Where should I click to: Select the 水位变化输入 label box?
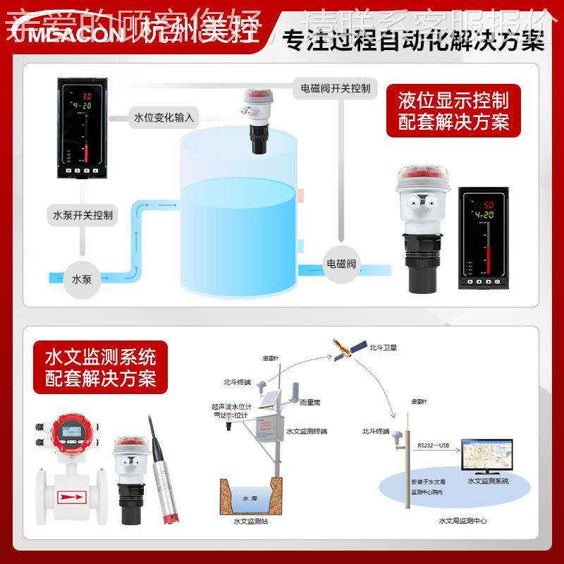click(164, 117)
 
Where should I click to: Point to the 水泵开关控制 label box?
click(82, 214)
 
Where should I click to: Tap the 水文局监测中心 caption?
click(462, 521)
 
